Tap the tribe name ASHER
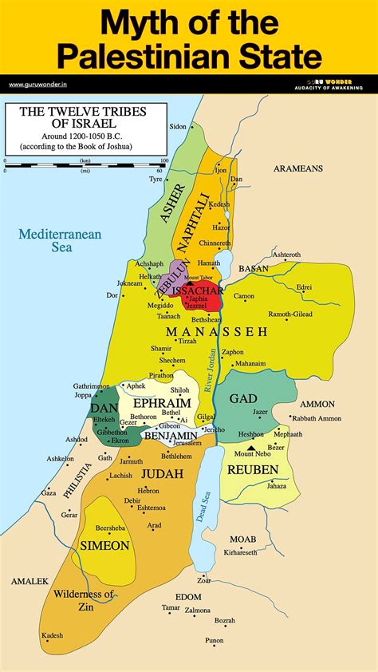pyautogui.click(x=173, y=206)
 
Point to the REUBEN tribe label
pyautogui.click(x=253, y=470)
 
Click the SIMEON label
pyautogui.click(x=104, y=546)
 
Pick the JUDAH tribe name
pyautogui.click(x=163, y=473)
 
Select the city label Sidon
pyautogui.click(x=178, y=127)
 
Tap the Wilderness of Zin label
pyautogui.click(x=84, y=600)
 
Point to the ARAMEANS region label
pyautogui.click(x=297, y=168)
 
